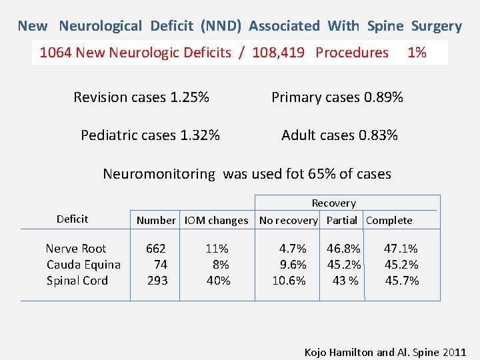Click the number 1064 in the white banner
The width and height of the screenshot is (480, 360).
tap(55, 53)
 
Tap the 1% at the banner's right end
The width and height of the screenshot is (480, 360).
tap(417, 53)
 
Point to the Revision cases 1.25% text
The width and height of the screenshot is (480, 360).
tap(141, 97)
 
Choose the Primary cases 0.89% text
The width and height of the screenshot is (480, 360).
tap(337, 97)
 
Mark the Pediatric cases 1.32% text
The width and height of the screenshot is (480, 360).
tap(150, 135)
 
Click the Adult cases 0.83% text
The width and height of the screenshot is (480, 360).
tap(339, 135)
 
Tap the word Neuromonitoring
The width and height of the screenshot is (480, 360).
tap(159, 174)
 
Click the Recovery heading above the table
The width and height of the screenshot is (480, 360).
tap(333, 203)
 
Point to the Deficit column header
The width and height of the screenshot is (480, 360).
tap(72, 219)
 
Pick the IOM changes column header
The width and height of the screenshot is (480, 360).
tap(216, 220)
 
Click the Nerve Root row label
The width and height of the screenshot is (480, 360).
tap(76, 249)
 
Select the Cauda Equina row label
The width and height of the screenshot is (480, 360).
tap(83, 265)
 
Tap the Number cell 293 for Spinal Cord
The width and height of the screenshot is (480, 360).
tap(157, 281)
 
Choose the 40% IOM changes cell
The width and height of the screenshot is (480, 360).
tap(218, 281)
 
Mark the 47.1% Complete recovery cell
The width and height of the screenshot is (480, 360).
tap(401, 249)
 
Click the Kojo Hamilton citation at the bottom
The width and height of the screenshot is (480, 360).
tap(385, 352)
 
